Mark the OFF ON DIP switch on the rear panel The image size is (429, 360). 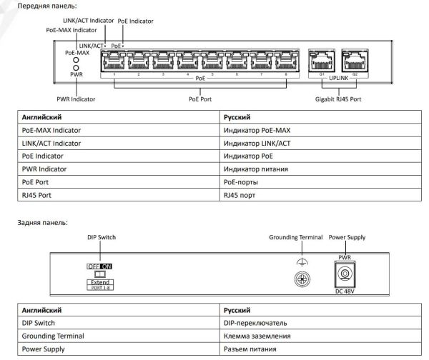tap(99, 266)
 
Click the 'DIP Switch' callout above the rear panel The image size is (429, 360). tap(101, 237)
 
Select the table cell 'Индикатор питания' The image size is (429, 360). tap(257, 169)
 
